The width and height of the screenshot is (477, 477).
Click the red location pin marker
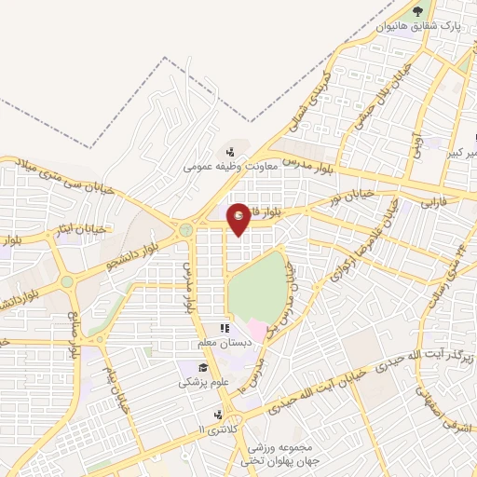coord(239,218)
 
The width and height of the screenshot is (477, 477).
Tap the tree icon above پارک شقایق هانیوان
coord(416,13)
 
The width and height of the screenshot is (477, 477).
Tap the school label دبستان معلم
coord(219,344)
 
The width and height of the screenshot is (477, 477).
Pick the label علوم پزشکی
coord(201,382)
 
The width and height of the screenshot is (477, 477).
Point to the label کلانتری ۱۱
coord(216,429)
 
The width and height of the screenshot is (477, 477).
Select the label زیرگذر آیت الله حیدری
coord(430,355)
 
